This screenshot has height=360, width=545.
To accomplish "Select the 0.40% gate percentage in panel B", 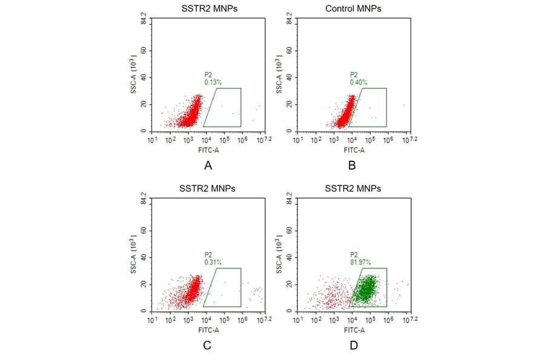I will pos(358,82).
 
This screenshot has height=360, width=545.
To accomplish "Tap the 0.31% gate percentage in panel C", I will pos(213,262).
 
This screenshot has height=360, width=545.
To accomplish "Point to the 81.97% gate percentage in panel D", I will pos(360,262).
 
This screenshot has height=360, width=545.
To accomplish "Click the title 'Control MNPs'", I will pos(352,8).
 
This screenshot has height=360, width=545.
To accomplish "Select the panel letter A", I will pos(207,165).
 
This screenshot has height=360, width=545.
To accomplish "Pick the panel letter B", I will pos(352,165).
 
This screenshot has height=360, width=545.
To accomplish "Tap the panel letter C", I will pos(207,345).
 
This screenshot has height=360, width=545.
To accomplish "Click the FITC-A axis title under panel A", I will pos(207,149).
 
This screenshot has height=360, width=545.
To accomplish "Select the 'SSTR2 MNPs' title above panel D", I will pos(352,188).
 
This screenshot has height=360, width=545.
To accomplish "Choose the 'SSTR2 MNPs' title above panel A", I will pos(207,8).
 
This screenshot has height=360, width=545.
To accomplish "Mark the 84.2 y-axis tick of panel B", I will pos(289,21).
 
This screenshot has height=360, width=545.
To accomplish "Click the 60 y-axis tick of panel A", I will pos(144,51).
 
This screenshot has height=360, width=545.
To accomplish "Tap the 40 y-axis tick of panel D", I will pos(289,258).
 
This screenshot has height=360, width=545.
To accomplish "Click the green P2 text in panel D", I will pos(354,255).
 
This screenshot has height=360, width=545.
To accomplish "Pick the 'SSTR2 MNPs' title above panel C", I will pos(207,188).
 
